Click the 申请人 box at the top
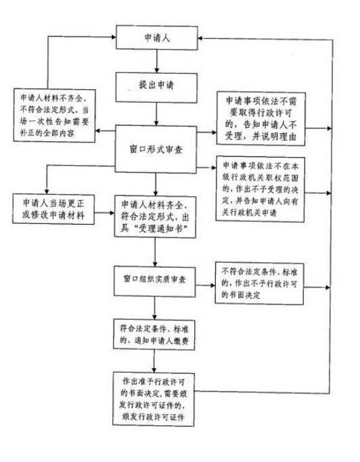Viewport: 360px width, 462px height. pos(156,38)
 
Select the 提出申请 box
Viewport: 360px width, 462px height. pos(156,88)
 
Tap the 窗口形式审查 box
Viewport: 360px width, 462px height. pos(156,149)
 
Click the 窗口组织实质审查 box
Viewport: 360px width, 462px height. pos(154,281)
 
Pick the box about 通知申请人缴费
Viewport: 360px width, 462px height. pos(154,335)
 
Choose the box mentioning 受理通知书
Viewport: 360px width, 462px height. pos(155,217)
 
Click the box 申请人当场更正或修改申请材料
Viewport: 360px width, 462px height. pos(53,209)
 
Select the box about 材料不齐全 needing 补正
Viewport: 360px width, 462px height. pos(55,116)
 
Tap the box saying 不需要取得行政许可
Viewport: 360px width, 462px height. pos(261,119)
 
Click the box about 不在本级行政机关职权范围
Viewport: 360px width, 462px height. pos(260,189)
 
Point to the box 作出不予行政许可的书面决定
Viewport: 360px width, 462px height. pos(259,283)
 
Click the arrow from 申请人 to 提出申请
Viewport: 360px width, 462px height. pos(157,62)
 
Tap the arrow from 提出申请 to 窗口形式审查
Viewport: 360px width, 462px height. pos(156,114)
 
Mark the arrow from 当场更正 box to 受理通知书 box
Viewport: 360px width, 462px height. pos(104,212)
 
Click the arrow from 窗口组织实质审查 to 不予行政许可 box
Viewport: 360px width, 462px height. pos(205,285)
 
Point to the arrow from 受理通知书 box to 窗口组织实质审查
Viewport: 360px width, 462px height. pos(155,252)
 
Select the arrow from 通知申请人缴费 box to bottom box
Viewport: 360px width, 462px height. pos(154,361)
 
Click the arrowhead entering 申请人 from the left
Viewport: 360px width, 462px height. pos(114,37)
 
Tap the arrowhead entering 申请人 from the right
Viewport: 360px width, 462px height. pos(200,39)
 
